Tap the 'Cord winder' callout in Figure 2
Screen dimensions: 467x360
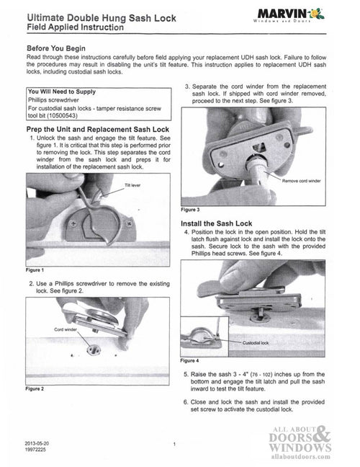click(x=66, y=329)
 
